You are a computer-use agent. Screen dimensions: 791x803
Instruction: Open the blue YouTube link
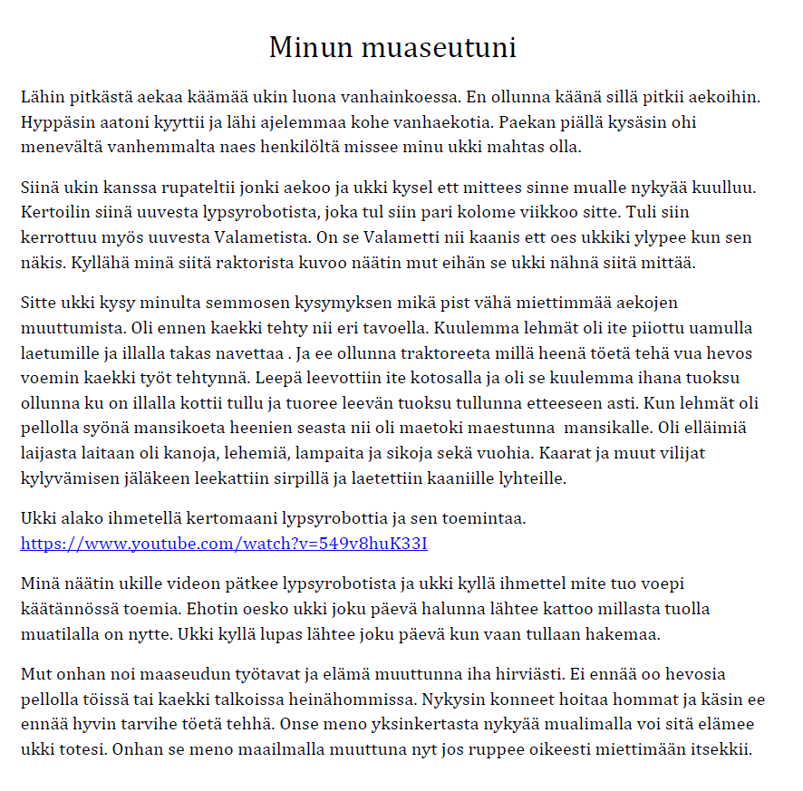coord(224,544)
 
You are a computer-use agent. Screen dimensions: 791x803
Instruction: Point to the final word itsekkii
coord(721,750)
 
